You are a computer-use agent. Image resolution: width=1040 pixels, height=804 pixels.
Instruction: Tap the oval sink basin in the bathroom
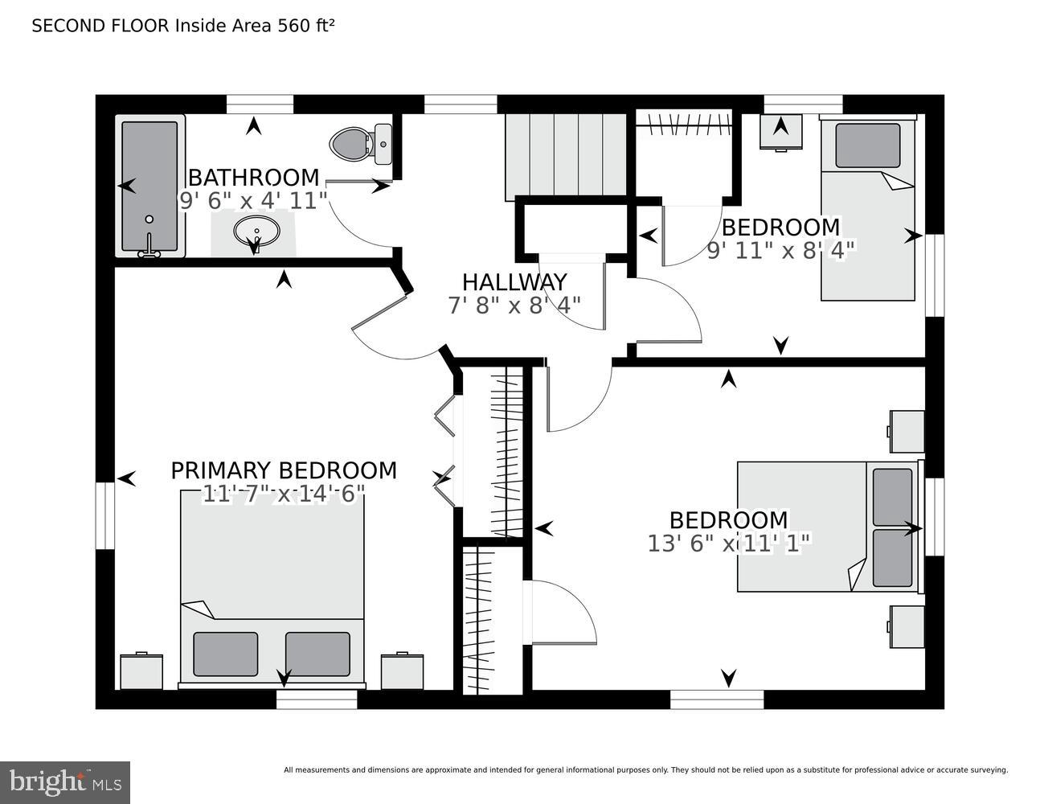pyautogui.click(x=256, y=232)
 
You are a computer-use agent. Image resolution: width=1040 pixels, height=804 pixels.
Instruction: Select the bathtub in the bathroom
pyautogui.click(x=149, y=187)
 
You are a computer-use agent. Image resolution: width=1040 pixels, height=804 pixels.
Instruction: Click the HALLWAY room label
pyautogui.click(x=514, y=282)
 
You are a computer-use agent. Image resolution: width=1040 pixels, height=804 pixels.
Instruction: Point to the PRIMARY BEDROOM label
pyautogui.click(x=284, y=470)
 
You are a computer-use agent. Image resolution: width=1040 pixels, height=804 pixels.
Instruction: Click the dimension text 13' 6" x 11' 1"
pyautogui.click(x=729, y=544)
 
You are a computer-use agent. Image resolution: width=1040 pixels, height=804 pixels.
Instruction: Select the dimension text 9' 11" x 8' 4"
pyautogui.click(x=781, y=250)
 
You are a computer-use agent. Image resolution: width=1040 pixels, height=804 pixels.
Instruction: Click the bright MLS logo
pyautogui.click(x=65, y=782)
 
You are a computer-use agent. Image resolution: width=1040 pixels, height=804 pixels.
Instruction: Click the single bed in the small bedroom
pyautogui.click(x=868, y=209)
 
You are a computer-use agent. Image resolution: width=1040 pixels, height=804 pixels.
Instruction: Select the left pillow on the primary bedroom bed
pyautogui.click(x=225, y=654)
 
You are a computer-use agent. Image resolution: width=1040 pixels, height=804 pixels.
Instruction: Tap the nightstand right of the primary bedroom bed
pyautogui.click(x=402, y=672)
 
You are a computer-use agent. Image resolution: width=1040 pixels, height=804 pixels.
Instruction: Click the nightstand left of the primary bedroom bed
pyautogui.click(x=141, y=672)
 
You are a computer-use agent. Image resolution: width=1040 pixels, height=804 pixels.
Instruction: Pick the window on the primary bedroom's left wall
pyautogui.click(x=105, y=515)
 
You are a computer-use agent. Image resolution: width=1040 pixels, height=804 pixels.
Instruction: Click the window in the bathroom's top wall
pyautogui.click(x=260, y=105)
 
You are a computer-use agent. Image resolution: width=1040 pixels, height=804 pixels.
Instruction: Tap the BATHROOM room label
pyautogui.click(x=254, y=178)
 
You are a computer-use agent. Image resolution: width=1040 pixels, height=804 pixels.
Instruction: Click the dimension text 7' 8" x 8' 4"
pyautogui.click(x=514, y=306)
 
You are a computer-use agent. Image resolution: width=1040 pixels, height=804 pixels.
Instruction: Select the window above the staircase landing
pyautogui.click(x=461, y=105)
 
